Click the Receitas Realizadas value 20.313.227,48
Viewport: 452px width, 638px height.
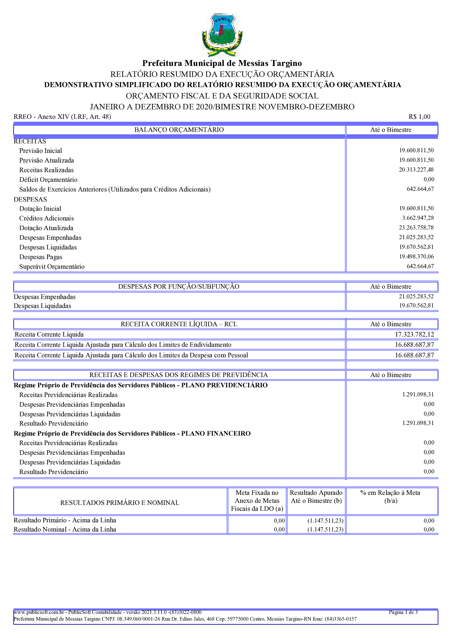click(416, 170)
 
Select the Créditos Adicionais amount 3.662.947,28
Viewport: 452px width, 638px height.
click(418, 218)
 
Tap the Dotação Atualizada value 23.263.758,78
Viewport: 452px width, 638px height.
click(416, 228)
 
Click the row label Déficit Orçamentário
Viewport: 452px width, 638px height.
click(48, 180)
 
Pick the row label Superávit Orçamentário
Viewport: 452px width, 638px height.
click(52, 267)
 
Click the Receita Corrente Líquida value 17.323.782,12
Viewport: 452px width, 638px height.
click(414, 335)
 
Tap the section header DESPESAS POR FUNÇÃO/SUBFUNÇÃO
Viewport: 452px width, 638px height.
click(179, 287)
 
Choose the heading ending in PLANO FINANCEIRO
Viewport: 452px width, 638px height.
click(132, 434)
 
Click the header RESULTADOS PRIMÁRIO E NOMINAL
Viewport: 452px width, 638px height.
click(120, 503)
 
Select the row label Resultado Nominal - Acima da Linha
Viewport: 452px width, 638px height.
click(65, 529)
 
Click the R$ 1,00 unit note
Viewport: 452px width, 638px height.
click(419, 117)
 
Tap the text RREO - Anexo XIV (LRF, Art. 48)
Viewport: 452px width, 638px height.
click(62, 117)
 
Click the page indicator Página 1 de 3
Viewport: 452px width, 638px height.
click(403, 612)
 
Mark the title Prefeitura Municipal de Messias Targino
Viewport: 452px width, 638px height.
click(222, 63)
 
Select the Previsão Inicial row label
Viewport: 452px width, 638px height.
click(41, 151)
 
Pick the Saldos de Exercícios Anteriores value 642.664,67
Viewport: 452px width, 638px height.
click(420, 189)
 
